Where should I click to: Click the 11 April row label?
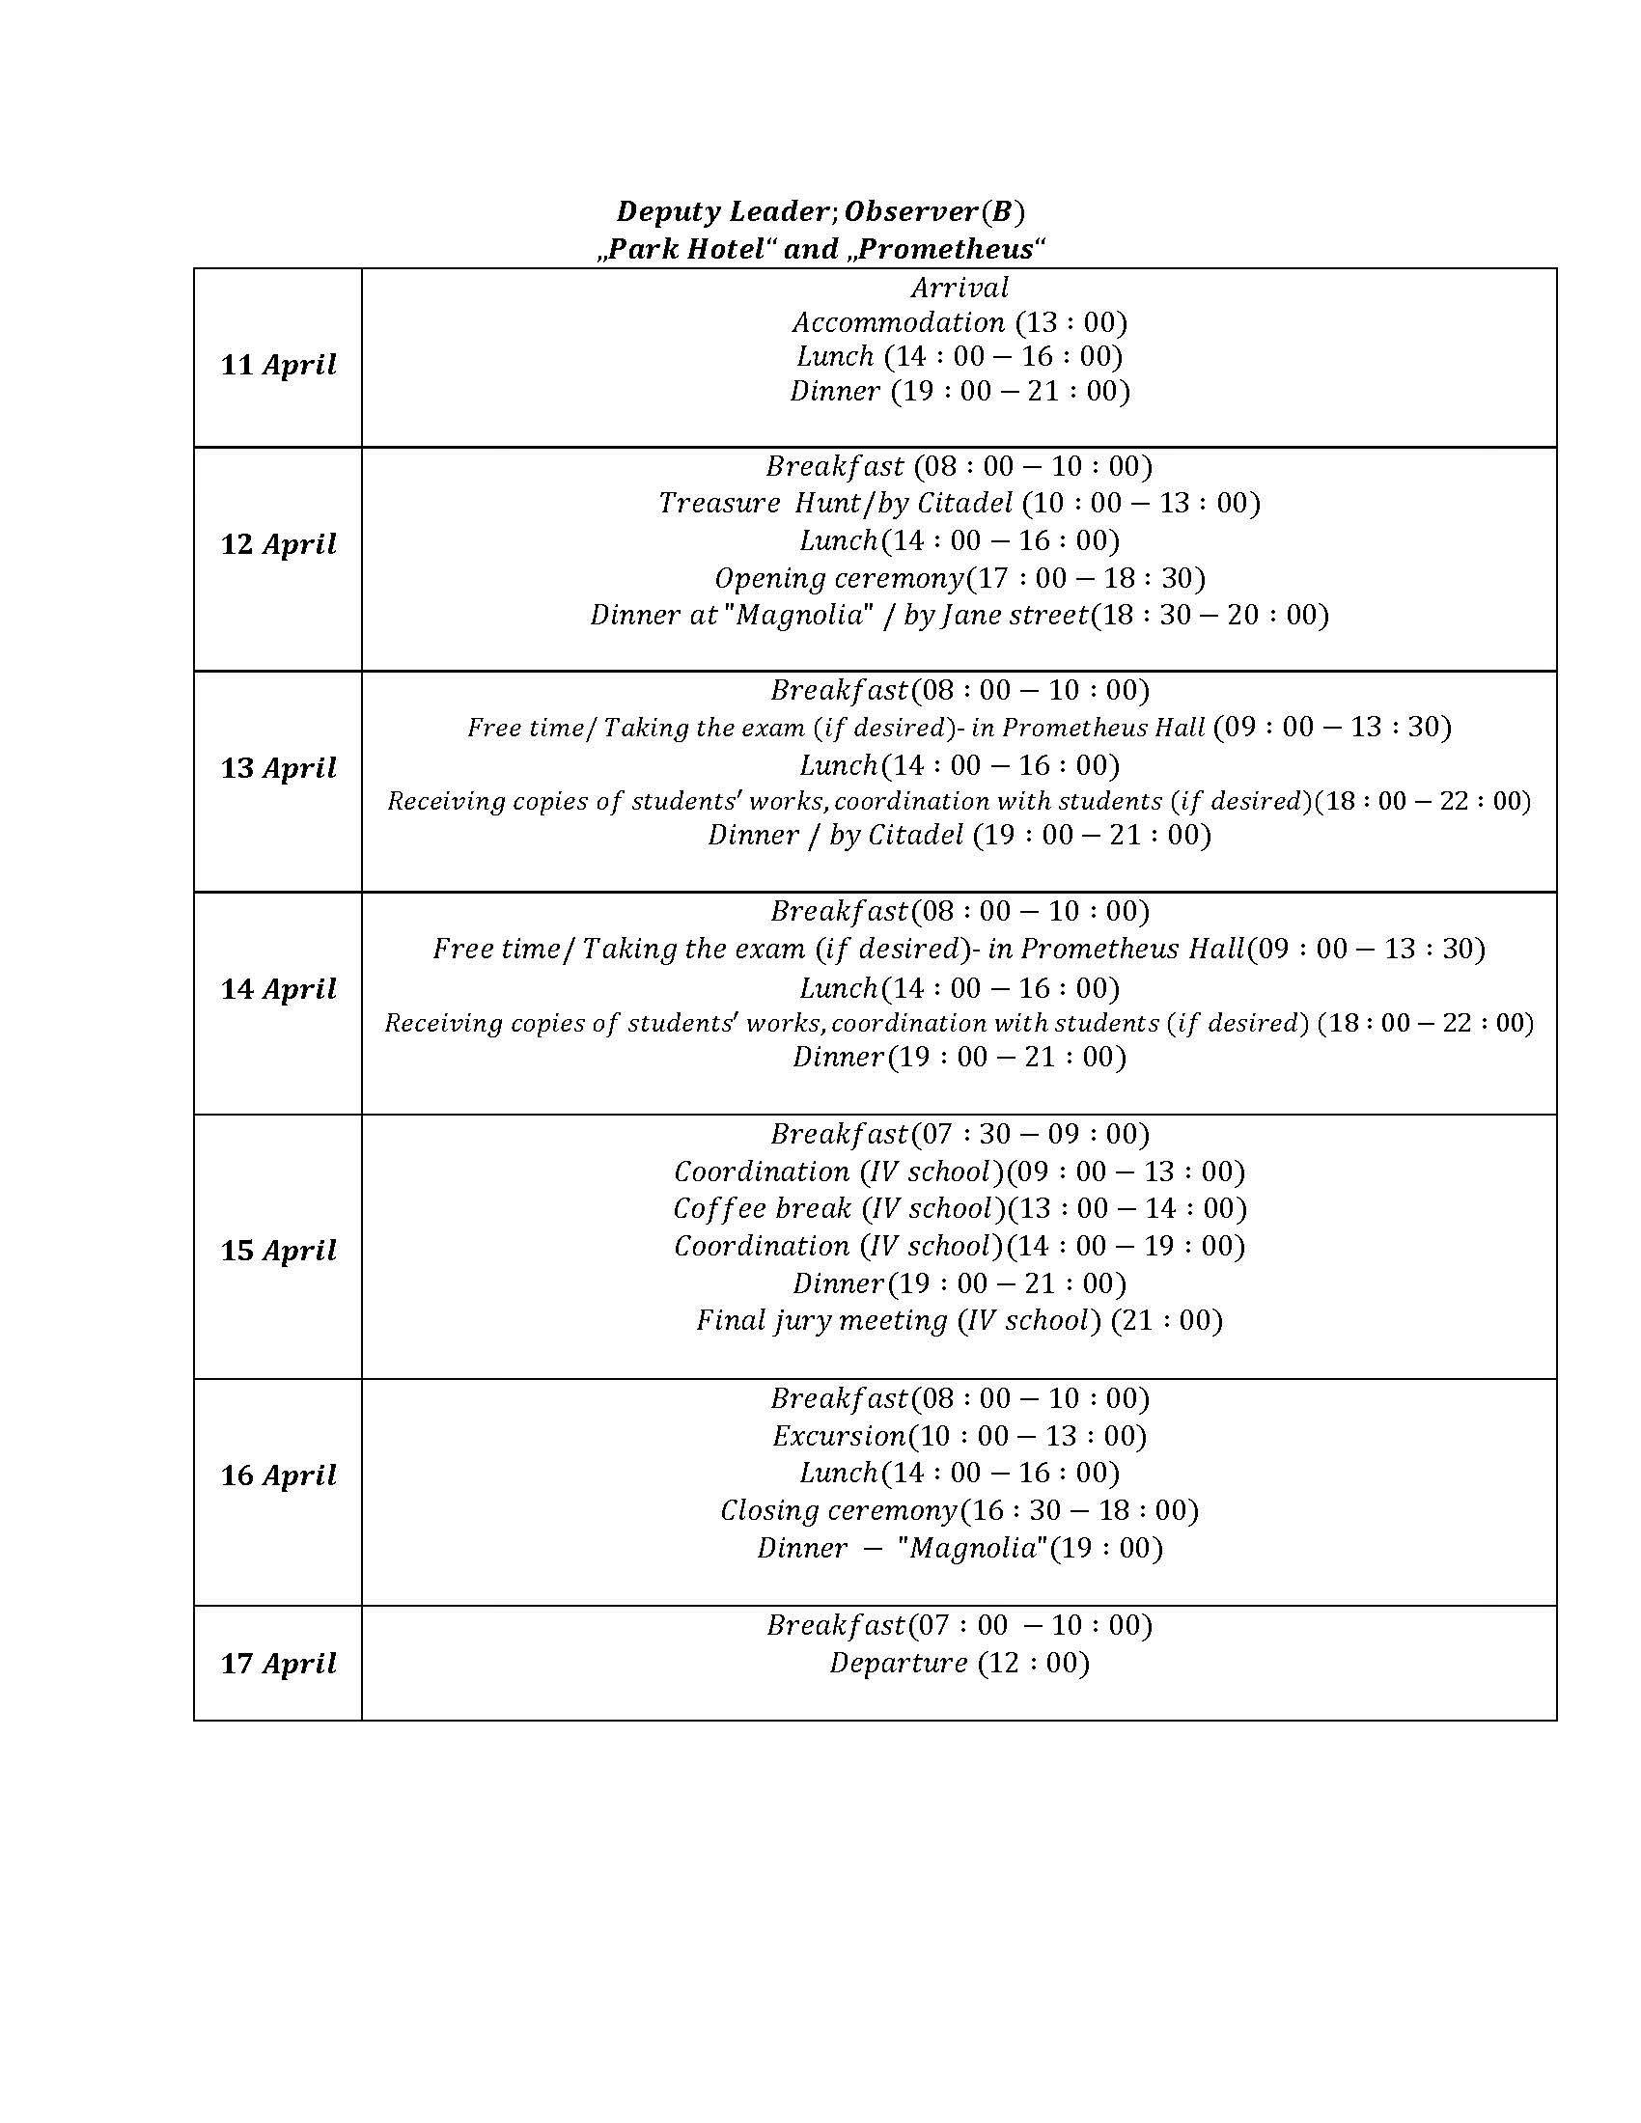point(278,365)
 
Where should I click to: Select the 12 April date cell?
point(278,543)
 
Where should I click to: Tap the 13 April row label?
point(278,768)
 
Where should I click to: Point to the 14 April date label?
point(278,988)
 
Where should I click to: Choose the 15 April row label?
point(278,1250)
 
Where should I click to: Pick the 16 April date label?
point(278,1475)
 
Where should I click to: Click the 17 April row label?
point(278,1664)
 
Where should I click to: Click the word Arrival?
point(960,288)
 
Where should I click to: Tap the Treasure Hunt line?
point(959,503)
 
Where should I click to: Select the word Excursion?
point(839,1436)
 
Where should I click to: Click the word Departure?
point(899,1664)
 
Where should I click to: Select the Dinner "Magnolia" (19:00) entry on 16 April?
point(959,1548)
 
